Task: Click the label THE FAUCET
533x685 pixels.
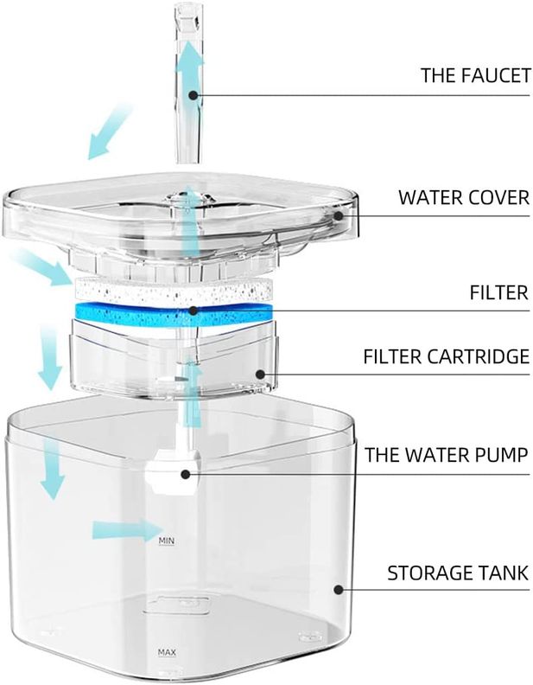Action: (x=476, y=75)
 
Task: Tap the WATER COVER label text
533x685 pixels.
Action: (x=464, y=197)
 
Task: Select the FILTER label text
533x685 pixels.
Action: (x=499, y=292)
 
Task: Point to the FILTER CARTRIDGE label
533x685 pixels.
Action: (x=447, y=356)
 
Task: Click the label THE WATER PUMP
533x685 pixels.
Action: (x=447, y=455)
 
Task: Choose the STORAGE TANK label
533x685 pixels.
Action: (x=458, y=573)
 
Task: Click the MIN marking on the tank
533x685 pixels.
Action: (x=166, y=541)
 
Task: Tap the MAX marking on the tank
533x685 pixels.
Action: (x=167, y=652)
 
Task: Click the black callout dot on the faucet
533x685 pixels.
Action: (x=194, y=95)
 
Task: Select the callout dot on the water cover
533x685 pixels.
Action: (x=339, y=215)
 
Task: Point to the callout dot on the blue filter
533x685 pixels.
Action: (x=194, y=311)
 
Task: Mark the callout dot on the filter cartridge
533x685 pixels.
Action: (x=260, y=375)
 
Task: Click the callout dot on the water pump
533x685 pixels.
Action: (x=186, y=474)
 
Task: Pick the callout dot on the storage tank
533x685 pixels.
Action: (x=338, y=590)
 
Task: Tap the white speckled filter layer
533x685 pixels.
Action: (x=174, y=290)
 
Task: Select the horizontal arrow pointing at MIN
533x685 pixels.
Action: (x=126, y=530)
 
